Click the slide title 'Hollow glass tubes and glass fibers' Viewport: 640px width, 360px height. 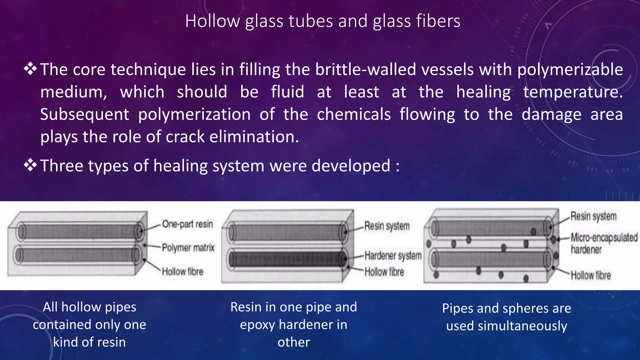[322, 21]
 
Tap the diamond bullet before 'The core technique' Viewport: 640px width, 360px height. [31, 69]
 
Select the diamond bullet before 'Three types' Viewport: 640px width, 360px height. [31, 165]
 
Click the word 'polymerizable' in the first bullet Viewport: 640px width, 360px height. [570, 69]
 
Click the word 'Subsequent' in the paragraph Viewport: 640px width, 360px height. [84, 114]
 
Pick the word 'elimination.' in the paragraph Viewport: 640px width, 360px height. [254, 137]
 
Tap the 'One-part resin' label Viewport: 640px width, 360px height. [187, 224]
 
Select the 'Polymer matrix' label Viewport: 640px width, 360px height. [188, 247]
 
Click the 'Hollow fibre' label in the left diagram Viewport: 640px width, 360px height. [182, 271]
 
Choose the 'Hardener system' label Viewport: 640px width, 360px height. [393, 256]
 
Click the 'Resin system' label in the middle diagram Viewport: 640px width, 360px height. [387, 226]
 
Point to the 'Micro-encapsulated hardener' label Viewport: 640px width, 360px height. [604, 243]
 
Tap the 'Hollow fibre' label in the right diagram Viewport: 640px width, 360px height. [591, 275]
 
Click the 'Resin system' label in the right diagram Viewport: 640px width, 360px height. [593, 216]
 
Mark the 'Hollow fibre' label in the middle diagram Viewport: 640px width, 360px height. [384, 272]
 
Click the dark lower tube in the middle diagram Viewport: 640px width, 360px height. [284, 259]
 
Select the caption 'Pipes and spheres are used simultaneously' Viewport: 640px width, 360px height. [507, 317]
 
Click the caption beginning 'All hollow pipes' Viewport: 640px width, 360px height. [90, 324]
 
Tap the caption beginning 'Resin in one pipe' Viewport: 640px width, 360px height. [294, 324]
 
